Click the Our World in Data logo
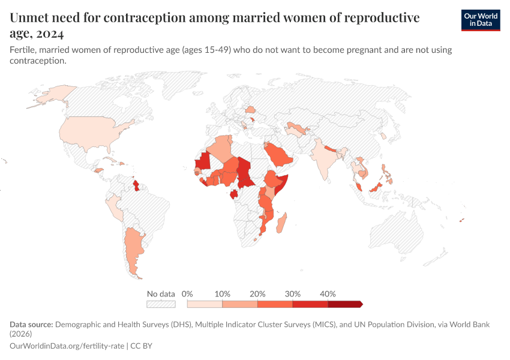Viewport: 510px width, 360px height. pyautogui.click(x=480, y=20)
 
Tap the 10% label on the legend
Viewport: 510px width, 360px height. pyautogui.click(x=223, y=294)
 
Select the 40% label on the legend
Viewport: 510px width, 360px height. pyautogui.click(x=328, y=294)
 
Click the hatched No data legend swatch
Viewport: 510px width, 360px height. pyautogui.click(x=161, y=304)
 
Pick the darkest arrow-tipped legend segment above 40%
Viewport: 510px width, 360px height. pyautogui.click(x=344, y=304)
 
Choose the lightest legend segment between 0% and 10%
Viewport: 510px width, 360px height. pyautogui.click(x=205, y=304)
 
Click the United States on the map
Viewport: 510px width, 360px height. pyautogui.click(x=90, y=129)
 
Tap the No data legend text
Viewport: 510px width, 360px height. pyautogui.click(x=161, y=294)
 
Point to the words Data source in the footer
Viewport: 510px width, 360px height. pyautogui.click(x=31, y=325)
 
